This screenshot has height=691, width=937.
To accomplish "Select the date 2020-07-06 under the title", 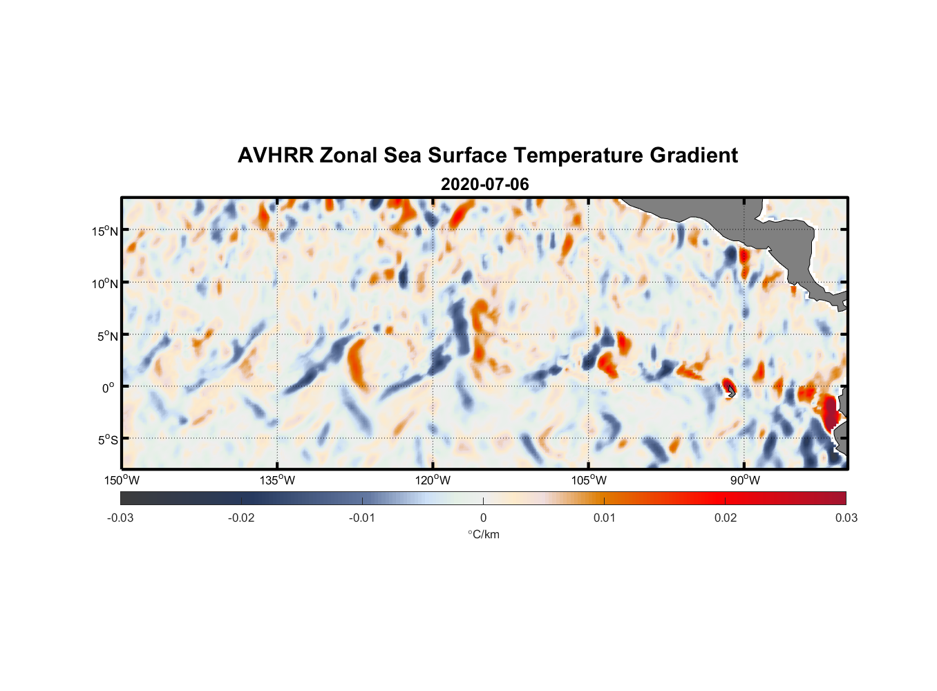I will click(484, 184).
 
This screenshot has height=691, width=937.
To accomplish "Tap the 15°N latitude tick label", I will click(105, 231).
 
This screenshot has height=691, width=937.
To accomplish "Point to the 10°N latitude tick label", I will click(105, 283).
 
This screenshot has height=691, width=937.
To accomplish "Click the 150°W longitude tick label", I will click(122, 480).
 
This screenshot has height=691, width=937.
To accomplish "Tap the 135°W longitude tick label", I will click(277, 480).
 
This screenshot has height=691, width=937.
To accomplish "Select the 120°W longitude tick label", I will click(433, 480).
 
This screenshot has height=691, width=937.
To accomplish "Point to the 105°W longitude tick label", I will click(589, 480).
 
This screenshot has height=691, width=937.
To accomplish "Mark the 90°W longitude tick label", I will click(745, 480).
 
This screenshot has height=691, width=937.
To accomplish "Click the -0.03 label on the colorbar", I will click(120, 518).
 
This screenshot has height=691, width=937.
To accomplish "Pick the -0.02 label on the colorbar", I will click(241, 518).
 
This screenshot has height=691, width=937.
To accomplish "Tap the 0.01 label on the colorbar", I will click(604, 518).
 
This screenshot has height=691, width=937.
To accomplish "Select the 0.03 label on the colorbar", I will click(846, 518).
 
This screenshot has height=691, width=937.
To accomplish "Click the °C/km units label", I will click(483, 534).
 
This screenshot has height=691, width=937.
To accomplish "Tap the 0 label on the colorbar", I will click(483, 518).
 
